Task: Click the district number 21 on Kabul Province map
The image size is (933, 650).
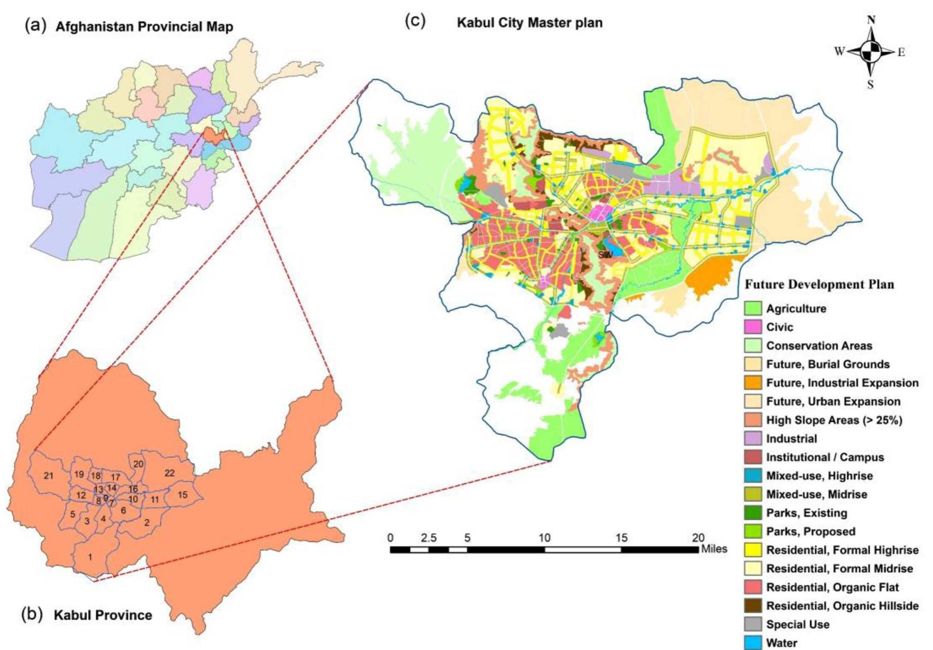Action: click(48, 476)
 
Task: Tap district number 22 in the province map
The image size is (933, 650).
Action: click(169, 473)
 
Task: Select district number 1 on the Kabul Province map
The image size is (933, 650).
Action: click(90, 557)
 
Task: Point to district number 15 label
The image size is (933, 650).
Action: click(183, 495)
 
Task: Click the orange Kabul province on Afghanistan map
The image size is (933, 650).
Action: click(213, 135)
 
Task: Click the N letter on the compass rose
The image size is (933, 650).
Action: click(871, 20)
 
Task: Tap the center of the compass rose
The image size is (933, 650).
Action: click(870, 52)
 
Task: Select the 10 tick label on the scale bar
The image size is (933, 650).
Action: click(545, 538)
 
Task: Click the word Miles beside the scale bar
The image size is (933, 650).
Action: click(714, 549)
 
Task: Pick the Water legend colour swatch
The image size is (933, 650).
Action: click(753, 643)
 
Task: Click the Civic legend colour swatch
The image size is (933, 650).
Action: click(753, 327)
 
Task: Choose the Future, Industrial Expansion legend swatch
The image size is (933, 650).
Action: click(753, 383)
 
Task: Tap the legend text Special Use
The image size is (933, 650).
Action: click(798, 625)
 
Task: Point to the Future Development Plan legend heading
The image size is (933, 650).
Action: click(819, 284)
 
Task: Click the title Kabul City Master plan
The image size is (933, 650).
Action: click(529, 23)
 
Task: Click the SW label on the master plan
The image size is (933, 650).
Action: click(605, 255)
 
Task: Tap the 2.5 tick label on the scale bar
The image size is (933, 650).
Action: click(429, 538)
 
